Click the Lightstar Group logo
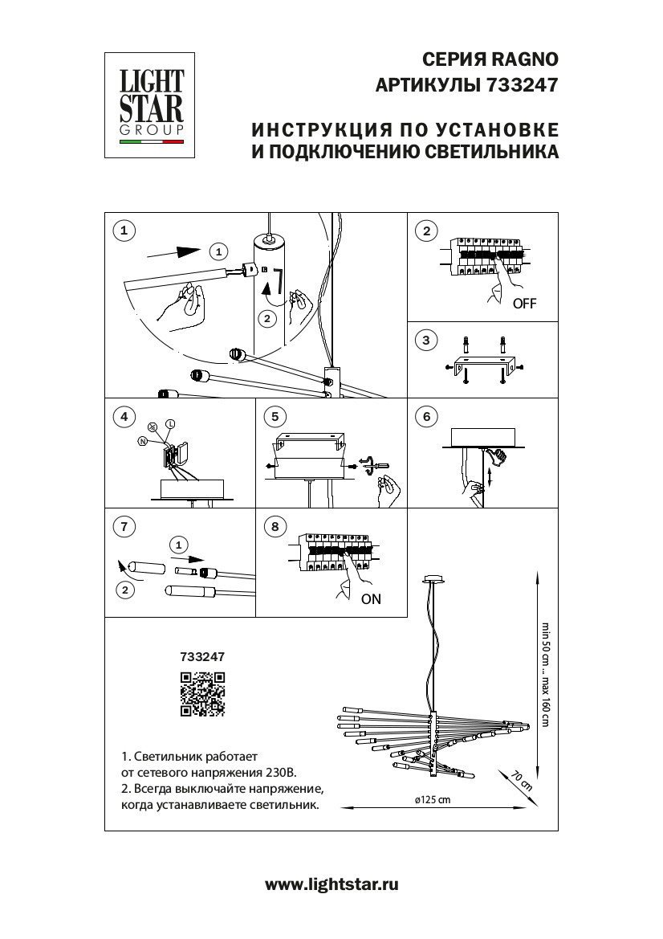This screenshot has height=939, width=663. pyautogui.click(x=152, y=104)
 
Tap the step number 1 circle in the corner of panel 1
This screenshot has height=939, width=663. pyautogui.click(x=123, y=231)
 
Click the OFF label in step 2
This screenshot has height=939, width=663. pyautogui.click(x=524, y=304)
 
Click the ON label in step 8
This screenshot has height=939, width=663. pyautogui.click(x=371, y=598)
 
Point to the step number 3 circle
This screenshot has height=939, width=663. pyautogui.click(x=426, y=341)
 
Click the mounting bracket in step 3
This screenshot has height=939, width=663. pyautogui.click(x=481, y=364)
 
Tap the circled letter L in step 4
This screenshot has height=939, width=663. pyautogui.click(x=170, y=423)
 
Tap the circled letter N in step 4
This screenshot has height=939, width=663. pyautogui.click(x=142, y=441)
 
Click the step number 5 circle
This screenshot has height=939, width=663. pyautogui.click(x=275, y=417)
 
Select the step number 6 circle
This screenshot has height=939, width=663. pyautogui.click(x=426, y=417)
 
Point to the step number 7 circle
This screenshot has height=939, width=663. pyautogui.click(x=123, y=527)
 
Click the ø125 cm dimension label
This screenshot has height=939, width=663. pyautogui.click(x=433, y=800)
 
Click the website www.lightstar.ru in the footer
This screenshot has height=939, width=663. pyautogui.click(x=331, y=884)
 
